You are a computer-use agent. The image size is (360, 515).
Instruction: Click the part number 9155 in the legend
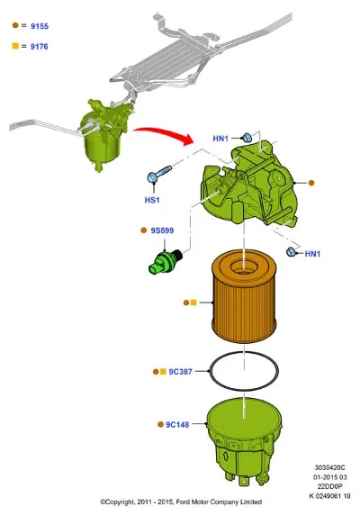tap(40, 26)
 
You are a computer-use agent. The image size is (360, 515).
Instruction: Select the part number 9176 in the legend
tap(39, 47)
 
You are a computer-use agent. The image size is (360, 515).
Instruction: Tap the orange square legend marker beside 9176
tap(15, 46)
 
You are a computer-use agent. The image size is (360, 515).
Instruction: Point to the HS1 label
tap(152, 200)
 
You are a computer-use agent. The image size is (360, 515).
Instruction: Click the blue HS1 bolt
tap(158, 174)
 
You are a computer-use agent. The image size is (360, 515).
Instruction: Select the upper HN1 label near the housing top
tap(220, 139)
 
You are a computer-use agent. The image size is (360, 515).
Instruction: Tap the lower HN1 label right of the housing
tap(312, 254)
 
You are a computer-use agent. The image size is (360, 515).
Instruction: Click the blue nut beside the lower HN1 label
tap(290, 252)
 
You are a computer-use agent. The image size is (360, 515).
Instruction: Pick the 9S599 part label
tap(162, 230)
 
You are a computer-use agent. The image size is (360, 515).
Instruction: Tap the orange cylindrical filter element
tap(243, 295)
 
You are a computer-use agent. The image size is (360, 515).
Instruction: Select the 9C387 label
tap(180, 372)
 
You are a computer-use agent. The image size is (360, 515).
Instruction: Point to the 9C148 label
tap(177, 425)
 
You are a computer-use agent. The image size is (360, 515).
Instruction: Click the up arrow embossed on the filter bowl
tap(226, 456)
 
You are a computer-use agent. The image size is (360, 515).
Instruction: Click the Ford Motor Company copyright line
tap(181, 501)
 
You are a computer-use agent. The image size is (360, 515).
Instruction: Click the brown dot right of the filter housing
tap(311, 183)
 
